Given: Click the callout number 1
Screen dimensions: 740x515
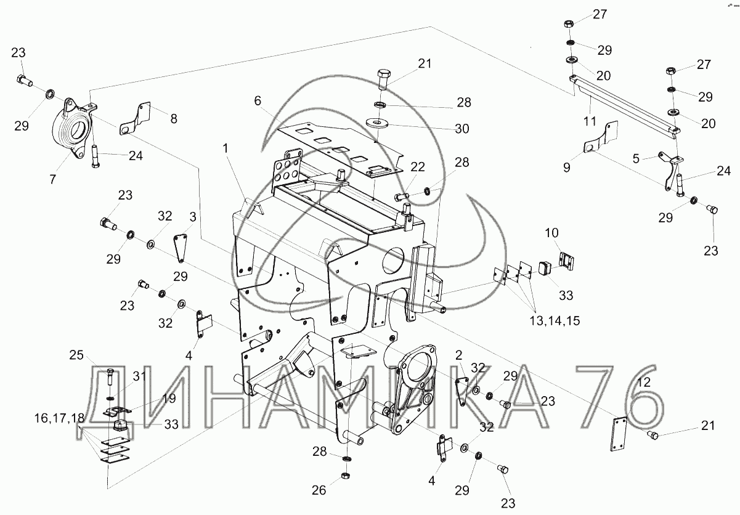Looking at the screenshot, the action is pos(226,148).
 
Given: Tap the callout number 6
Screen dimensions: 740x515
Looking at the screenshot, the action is pos(258,100).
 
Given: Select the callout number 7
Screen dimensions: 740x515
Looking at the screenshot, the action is pos(53,179).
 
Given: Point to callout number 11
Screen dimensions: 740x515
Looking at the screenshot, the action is pos(590,121).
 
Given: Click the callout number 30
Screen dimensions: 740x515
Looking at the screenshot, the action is pos(462,129).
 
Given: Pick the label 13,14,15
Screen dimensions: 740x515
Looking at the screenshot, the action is pos(555,320).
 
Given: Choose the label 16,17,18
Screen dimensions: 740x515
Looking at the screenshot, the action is pos(60,418).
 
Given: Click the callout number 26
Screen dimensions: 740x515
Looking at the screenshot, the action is pos(319,490).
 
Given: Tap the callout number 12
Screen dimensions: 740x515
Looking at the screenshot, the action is pos(643,382).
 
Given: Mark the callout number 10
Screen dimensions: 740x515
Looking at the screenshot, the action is pos(551,233).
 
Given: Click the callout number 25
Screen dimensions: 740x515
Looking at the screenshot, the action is pos(76,355).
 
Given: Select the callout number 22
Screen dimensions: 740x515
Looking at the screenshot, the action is pos(417,167).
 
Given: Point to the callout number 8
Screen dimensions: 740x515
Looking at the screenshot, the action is pos(174,119).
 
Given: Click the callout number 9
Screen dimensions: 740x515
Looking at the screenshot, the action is pos(567,168).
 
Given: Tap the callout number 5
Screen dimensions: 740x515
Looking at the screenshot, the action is pos(636,158).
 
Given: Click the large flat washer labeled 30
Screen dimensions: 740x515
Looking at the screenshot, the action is pos(377,123).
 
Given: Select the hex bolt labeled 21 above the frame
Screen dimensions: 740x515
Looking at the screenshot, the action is pos(384,79).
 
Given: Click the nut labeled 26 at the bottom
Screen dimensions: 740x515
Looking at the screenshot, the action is pos(345,476).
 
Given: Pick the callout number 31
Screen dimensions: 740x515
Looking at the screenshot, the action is pos(139,376).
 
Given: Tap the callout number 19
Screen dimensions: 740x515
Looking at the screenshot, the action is pos(169,398).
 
